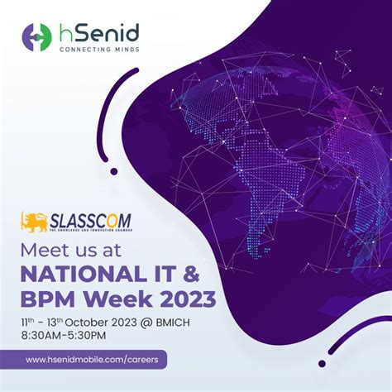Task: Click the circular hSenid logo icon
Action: coord(37,37)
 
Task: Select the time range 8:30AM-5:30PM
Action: coord(69,337)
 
